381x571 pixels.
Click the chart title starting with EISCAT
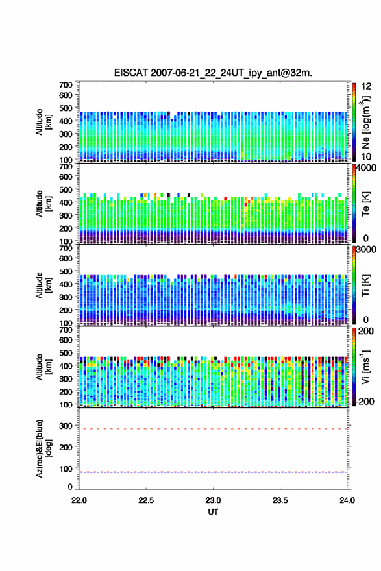[x=213, y=73]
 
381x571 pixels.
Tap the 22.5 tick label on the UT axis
[x=146, y=500]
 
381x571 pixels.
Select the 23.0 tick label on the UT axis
[x=213, y=500]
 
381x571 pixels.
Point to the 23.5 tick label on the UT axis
[x=280, y=500]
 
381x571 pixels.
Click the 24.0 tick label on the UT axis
[x=347, y=500]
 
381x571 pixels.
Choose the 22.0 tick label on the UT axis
[x=79, y=500]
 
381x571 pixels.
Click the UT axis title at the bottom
[x=213, y=512]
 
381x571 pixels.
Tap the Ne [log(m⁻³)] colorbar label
[x=365, y=123]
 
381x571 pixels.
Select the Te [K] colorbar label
[x=365, y=204]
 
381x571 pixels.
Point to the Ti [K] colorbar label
[x=365, y=285]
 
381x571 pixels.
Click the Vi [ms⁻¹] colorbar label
[x=365, y=367]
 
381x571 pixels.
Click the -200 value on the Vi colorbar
[x=364, y=401]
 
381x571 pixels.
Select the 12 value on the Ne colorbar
[x=366, y=86]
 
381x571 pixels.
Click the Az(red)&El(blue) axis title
[x=44, y=448]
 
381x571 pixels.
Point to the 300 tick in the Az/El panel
[x=66, y=426]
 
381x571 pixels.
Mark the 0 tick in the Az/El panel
[x=70, y=487]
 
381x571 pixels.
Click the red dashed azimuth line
[x=213, y=429]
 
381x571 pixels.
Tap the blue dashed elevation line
[x=213, y=472]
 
